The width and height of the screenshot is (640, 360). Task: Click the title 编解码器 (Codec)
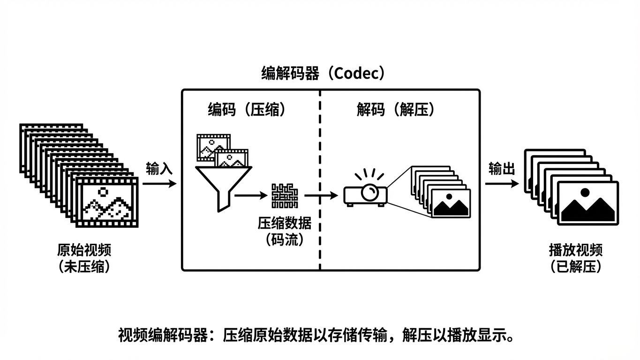[324, 74]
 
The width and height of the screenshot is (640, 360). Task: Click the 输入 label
[159, 169]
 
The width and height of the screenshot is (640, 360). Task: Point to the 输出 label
[502, 169]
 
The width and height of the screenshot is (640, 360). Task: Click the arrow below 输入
[159, 184]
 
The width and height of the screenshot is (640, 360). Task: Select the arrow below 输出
[502, 184]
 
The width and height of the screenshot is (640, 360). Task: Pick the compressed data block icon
[285, 195]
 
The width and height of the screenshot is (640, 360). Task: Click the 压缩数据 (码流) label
[285, 231]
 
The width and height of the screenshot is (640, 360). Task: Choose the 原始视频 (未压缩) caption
[84, 258]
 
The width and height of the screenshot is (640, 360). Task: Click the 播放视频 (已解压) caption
[576, 258]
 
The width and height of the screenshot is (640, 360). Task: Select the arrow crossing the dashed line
[321, 195]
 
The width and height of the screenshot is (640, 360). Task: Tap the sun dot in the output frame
[584, 192]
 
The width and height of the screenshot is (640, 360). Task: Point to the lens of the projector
[372, 191]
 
